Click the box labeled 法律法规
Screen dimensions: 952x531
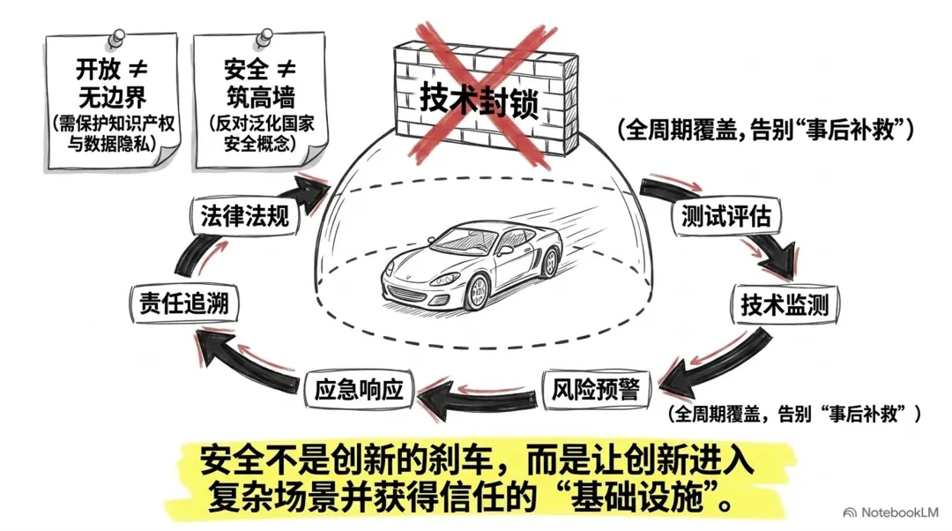click(x=245, y=216)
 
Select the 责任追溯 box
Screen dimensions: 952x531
click(x=184, y=302)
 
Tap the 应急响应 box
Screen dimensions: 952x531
click(x=358, y=389)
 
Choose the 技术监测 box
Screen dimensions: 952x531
click(x=785, y=303)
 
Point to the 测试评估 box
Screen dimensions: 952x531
click(x=725, y=216)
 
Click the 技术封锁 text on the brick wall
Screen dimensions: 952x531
click(x=480, y=101)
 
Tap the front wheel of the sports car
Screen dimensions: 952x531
click(x=477, y=292)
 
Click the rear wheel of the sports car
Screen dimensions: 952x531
click(x=549, y=261)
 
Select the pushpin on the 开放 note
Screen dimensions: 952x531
click(x=116, y=38)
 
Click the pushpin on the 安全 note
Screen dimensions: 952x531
click(x=264, y=38)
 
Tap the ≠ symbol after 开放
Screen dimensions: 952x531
click(x=138, y=70)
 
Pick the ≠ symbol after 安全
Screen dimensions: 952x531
click(x=286, y=70)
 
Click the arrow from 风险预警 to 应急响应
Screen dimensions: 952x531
click(x=477, y=400)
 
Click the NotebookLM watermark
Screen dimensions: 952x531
click(x=891, y=512)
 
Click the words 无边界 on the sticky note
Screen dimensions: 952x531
click(x=112, y=97)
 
